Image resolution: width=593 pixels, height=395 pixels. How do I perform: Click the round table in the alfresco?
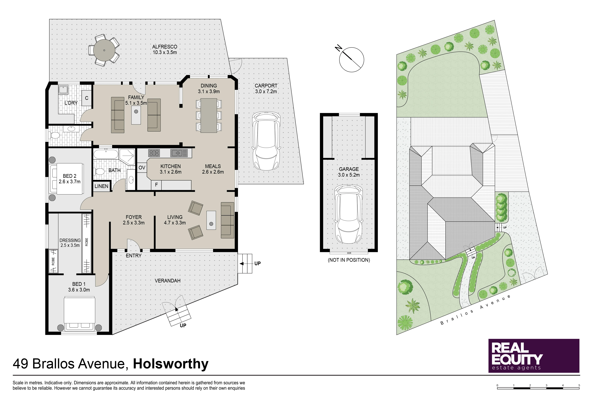point(104,50)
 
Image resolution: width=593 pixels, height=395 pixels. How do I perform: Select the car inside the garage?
point(349,214)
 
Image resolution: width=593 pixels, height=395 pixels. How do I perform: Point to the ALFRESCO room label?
point(165,47)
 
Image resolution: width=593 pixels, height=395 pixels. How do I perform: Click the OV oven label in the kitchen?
point(142,168)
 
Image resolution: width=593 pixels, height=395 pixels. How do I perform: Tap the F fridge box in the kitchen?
point(156,185)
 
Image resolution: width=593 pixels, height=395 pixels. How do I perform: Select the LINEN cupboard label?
point(101,186)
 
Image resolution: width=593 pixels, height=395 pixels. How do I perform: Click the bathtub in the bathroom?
point(106,154)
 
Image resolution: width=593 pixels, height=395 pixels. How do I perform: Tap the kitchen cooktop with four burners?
point(154,153)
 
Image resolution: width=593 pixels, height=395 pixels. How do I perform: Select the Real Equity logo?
point(534,356)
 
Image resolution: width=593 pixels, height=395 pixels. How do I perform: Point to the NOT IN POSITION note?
point(349,260)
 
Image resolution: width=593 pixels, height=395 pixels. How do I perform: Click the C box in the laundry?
point(87,98)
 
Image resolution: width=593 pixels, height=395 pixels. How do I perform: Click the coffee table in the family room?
point(136,115)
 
